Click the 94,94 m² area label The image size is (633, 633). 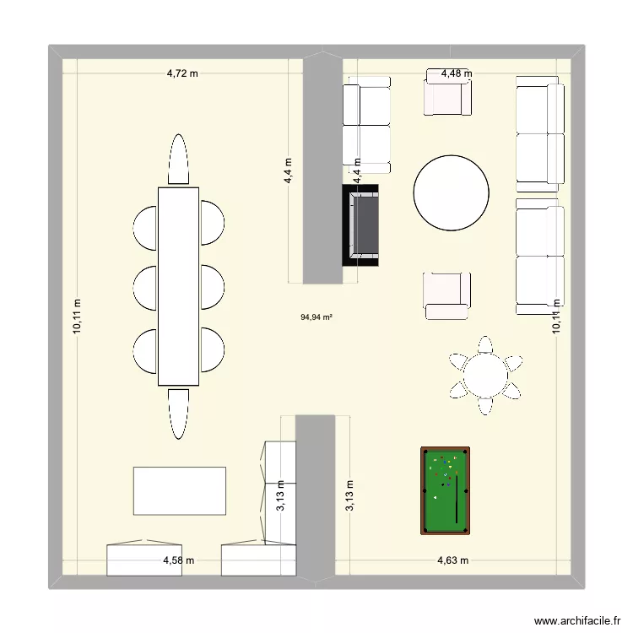click(x=316, y=317)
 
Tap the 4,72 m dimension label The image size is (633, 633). click(x=182, y=73)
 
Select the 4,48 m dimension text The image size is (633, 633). click(x=457, y=73)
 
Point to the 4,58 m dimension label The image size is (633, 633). click(x=178, y=560)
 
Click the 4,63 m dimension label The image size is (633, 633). click(x=453, y=560)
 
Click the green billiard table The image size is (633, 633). click(x=446, y=490)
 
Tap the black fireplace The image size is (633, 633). click(x=360, y=225)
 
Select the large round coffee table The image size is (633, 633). click(x=452, y=193)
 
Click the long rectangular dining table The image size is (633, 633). click(x=178, y=286)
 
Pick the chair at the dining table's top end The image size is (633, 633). click(x=178, y=159)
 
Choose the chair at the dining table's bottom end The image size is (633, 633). click(x=178, y=414)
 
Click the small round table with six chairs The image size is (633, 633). click(x=485, y=376)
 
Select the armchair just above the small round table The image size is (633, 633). click(x=446, y=296)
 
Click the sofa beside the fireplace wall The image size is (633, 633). click(x=366, y=125)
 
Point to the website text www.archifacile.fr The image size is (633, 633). click(x=577, y=621)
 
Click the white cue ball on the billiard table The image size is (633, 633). click(x=436, y=498)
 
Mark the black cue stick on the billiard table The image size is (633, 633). click(x=457, y=499)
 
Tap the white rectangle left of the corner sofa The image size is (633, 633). click(x=180, y=491)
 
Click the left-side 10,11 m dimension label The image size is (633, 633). click(x=77, y=316)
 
